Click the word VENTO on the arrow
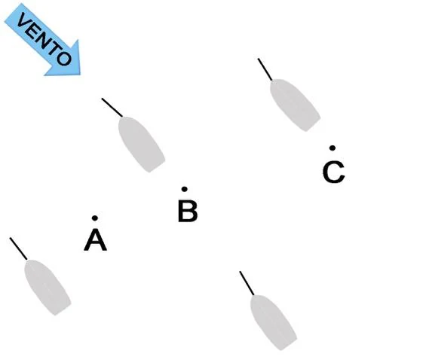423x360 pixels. pyautogui.click(x=44, y=39)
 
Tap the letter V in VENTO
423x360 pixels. pyautogui.click(x=23, y=20)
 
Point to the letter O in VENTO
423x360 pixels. pyautogui.click(x=64, y=59)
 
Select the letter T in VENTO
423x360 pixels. pyautogui.click(x=56, y=49)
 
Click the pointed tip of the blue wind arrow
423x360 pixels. pyautogui.click(x=80, y=74)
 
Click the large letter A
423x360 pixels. pyautogui.click(x=95, y=239)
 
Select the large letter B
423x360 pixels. pyautogui.click(x=188, y=211)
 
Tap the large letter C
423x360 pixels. pyautogui.click(x=334, y=172)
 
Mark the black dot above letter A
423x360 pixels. pyautogui.click(x=95, y=218)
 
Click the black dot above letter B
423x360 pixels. pyautogui.click(x=185, y=189)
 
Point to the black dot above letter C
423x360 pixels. pyautogui.click(x=333, y=148)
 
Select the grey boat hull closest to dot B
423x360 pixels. pyautogui.click(x=141, y=144)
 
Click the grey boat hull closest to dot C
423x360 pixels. pyautogui.click(x=295, y=105)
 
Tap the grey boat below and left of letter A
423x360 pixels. pyautogui.click(x=48, y=287)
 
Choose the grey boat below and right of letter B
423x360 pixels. pyautogui.click(x=273, y=322)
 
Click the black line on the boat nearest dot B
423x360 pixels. pyautogui.click(x=112, y=108)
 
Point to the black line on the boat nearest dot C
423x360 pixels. pyautogui.click(x=265, y=69)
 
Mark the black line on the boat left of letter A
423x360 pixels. pyautogui.click(x=18, y=249)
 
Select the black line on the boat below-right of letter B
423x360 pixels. pyautogui.click(x=247, y=283)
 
